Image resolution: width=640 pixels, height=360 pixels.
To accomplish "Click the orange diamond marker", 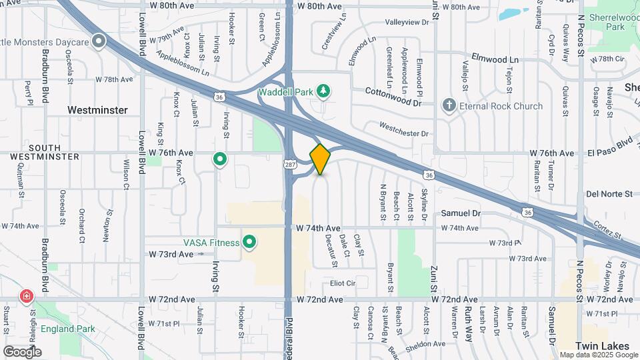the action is click(x=320, y=159).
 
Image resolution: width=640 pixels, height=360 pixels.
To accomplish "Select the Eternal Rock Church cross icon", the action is click(x=449, y=105).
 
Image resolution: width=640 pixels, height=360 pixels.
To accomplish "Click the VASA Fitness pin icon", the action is click(x=250, y=242).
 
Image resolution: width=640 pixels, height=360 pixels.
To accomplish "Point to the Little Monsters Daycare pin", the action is click(x=99, y=42).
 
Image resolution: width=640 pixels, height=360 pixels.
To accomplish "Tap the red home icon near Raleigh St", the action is click(x=27, y=295).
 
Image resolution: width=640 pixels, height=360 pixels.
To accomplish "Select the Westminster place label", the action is click(x=97, y=109).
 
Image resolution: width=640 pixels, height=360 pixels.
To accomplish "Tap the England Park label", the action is click(x=67, y=329).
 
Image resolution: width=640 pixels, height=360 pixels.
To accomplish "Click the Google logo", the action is click(x=21, y=351).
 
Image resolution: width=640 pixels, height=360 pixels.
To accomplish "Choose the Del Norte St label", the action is click(x=609, y=194).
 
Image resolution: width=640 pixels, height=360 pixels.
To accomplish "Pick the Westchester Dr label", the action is click(x=404, y=129).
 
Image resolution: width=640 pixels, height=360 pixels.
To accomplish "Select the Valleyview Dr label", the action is click(x=407, y=22).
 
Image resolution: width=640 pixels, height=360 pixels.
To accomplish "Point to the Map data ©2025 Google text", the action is click(x=597, y=355).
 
